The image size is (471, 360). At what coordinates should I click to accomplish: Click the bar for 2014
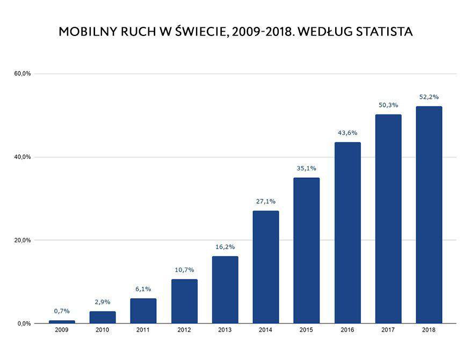tap(266, 267)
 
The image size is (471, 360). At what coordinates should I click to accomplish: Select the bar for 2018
tap(429, 215)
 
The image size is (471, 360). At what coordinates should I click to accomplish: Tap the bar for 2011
tap(143, 311)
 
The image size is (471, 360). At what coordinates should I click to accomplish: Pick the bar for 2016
tap(347, 233)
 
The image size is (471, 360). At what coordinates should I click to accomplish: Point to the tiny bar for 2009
tap(62, 321)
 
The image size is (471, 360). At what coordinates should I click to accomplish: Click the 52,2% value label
tap(429, 97)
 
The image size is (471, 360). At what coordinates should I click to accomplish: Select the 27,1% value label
tap(266, 201)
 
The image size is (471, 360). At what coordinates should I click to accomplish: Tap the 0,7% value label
tap(62, 311)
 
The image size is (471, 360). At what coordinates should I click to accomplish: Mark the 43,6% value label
tap(347, 133)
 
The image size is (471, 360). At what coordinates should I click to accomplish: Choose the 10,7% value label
tap(184, 270)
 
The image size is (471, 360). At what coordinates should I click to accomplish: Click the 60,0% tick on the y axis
tap(23, 74)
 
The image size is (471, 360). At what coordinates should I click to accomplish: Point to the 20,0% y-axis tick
tap(23, 240)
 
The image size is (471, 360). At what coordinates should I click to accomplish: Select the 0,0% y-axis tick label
tap(23, 323)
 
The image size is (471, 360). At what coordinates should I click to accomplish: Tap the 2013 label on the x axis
tap(225, 330)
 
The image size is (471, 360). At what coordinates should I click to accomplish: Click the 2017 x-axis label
tap(388, 330)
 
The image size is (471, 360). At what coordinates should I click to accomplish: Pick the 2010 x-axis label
tap(103, 330)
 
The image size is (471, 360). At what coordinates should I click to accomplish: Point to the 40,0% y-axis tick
tap(23, 157)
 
